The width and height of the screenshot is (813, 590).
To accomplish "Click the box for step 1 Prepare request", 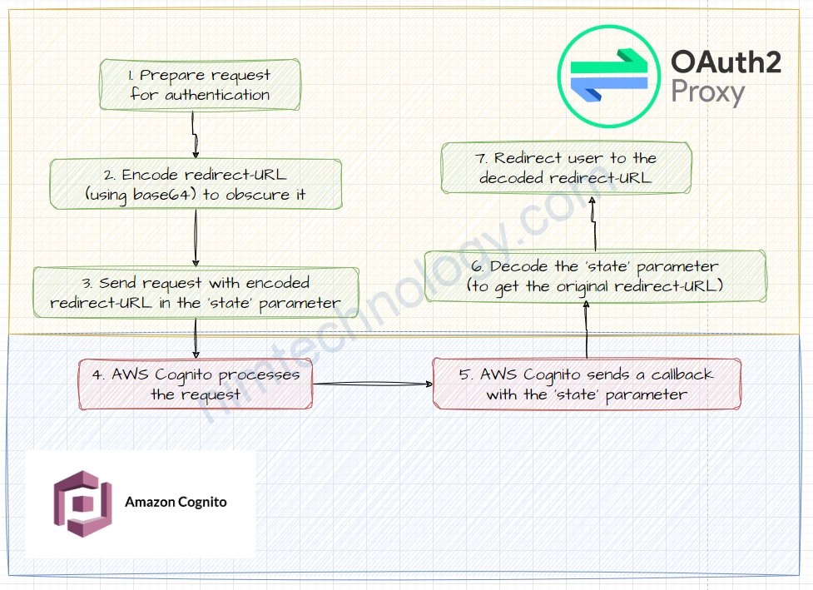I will tap(200, 85).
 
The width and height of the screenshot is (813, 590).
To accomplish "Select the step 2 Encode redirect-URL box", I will tap(196, 185).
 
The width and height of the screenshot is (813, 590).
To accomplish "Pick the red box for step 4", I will tap(195, 384).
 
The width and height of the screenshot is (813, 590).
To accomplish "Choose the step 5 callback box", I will tap(587, 384).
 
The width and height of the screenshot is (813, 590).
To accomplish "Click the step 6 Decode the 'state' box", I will tap(595, 276).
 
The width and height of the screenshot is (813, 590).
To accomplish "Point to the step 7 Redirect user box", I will tap(566, 167).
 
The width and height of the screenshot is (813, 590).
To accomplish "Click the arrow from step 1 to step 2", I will tap(195, 134).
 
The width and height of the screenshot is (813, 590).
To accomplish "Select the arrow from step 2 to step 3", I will tap(196, 238).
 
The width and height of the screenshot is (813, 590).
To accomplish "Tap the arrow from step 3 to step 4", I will tap(195, 336).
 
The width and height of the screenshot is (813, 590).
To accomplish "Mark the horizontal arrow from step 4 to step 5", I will tap(372, 384).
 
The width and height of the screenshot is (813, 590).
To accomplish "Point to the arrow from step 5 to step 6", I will tap(587, 330).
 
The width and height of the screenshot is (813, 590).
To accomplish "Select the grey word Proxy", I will tap(707, 92).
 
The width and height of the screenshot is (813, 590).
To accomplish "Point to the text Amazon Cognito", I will tap(176, 502).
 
